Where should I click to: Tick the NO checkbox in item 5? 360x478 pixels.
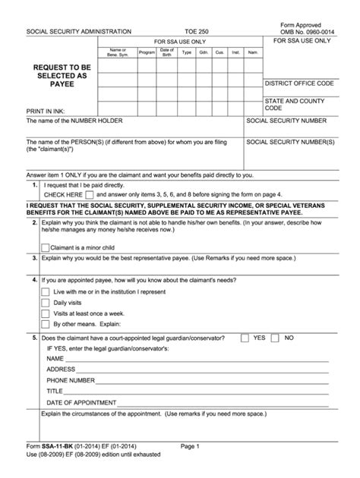[x=277, y=337]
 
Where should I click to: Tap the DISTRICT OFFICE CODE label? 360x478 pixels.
[x=298, y=83]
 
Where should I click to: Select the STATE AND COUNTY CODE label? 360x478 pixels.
[x=296, y=104]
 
